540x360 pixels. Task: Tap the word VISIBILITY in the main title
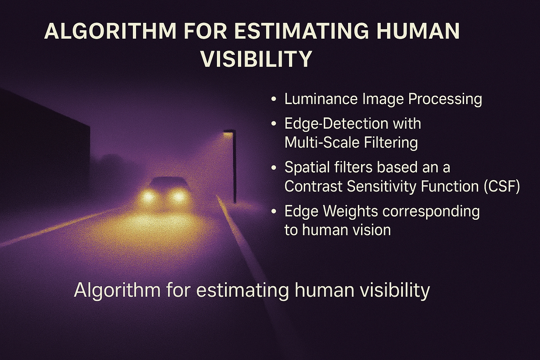[257, 59]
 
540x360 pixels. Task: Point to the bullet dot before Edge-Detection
[274, 123]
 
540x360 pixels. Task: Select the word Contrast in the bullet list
[314, 186]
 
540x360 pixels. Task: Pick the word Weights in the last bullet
[351, 211]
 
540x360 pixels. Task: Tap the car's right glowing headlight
[179, 197]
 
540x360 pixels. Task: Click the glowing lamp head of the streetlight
[228, 133]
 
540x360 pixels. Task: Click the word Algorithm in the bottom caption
[117, 290]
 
